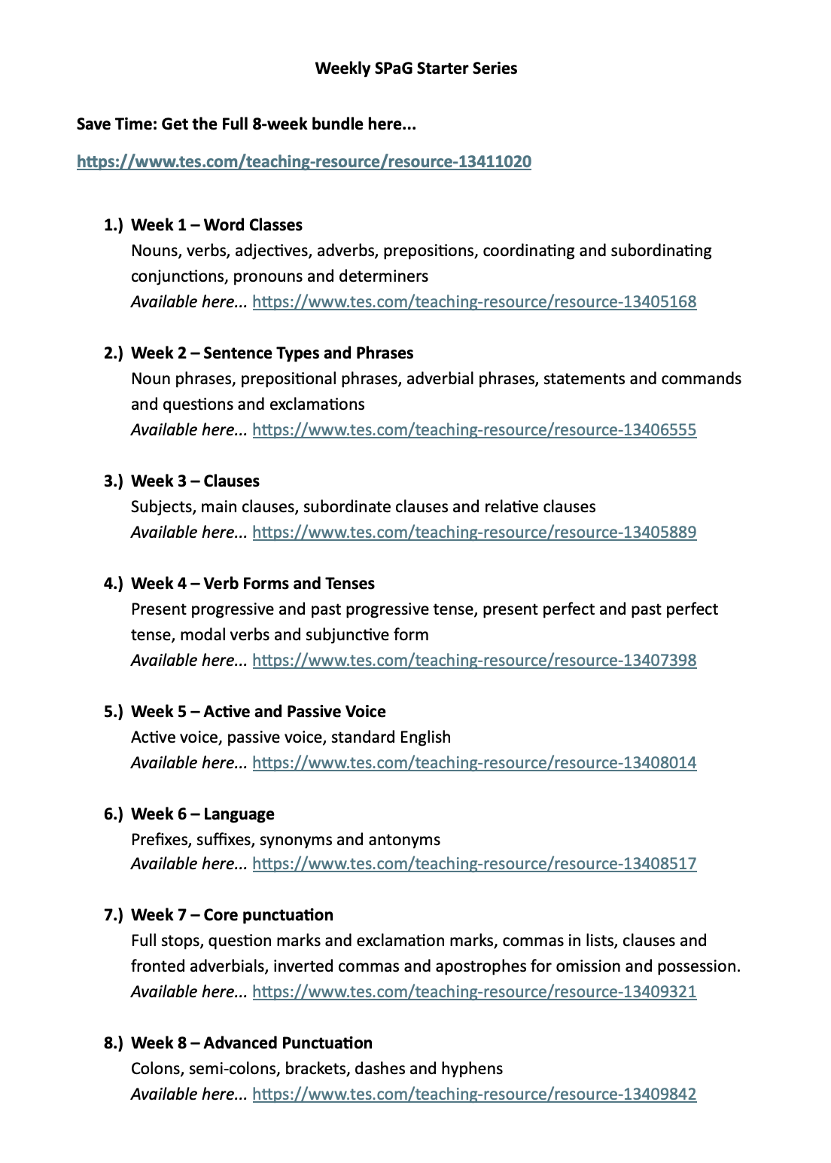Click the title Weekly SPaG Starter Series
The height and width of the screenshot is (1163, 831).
[415, 69]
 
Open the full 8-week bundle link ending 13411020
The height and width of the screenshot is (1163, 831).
[304, 162]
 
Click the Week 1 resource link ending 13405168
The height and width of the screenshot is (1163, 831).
[474, 302]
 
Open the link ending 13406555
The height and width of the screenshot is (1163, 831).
[474, 430]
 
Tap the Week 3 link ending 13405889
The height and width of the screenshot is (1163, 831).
[474, 533]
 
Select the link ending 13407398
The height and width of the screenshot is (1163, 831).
[474, 661]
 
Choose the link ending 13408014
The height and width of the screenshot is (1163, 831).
[474, 763]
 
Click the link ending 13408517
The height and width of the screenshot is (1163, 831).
[474, 864]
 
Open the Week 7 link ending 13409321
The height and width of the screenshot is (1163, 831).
[474, 992]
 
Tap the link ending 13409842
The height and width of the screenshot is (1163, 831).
[474, 1094]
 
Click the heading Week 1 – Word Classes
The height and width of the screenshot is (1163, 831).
[217, 225]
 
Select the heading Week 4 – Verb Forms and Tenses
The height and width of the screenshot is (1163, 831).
[252, 584]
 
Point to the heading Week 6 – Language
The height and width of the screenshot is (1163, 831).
[202, 814]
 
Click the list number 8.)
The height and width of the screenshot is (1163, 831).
[113, 1043]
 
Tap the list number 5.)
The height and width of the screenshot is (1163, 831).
[113, 712]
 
